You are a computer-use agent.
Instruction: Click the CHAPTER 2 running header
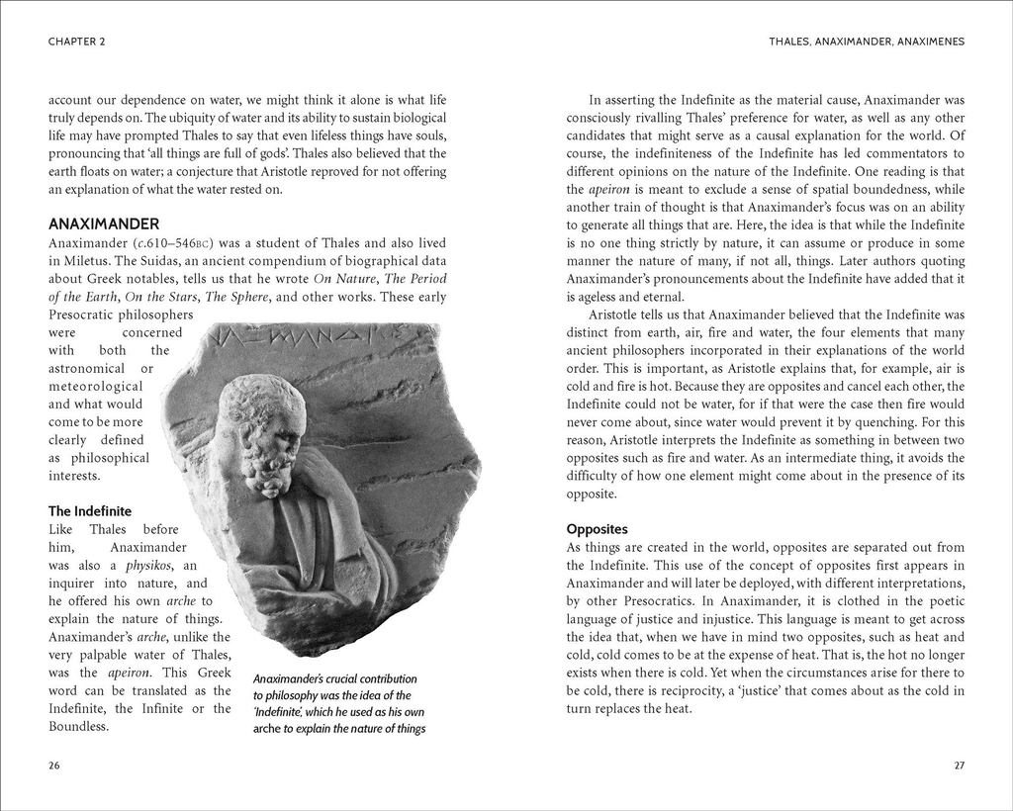click(x=77, y=42)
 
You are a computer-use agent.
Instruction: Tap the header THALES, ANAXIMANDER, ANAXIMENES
click(x=866, y=42)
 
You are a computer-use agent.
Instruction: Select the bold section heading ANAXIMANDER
click(x=104, y=225)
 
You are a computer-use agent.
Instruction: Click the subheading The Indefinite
click(x=90, y=511)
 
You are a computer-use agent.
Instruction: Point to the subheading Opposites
click(x=597, y=529)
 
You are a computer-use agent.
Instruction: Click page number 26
click(x=54, y=766)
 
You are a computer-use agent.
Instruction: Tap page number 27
click(x=959, y=766)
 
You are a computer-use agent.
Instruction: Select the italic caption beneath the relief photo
click(x=338, y=704)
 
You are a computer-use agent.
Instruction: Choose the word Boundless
click(x=78, y=726)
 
